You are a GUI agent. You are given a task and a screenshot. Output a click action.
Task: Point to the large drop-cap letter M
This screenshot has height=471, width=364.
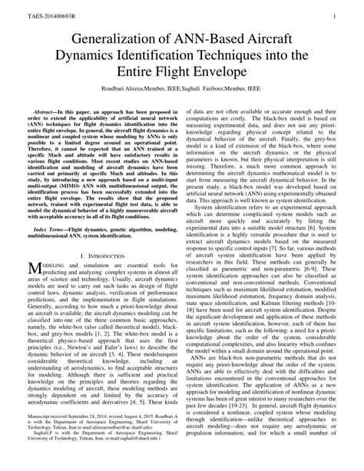point(36,290)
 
